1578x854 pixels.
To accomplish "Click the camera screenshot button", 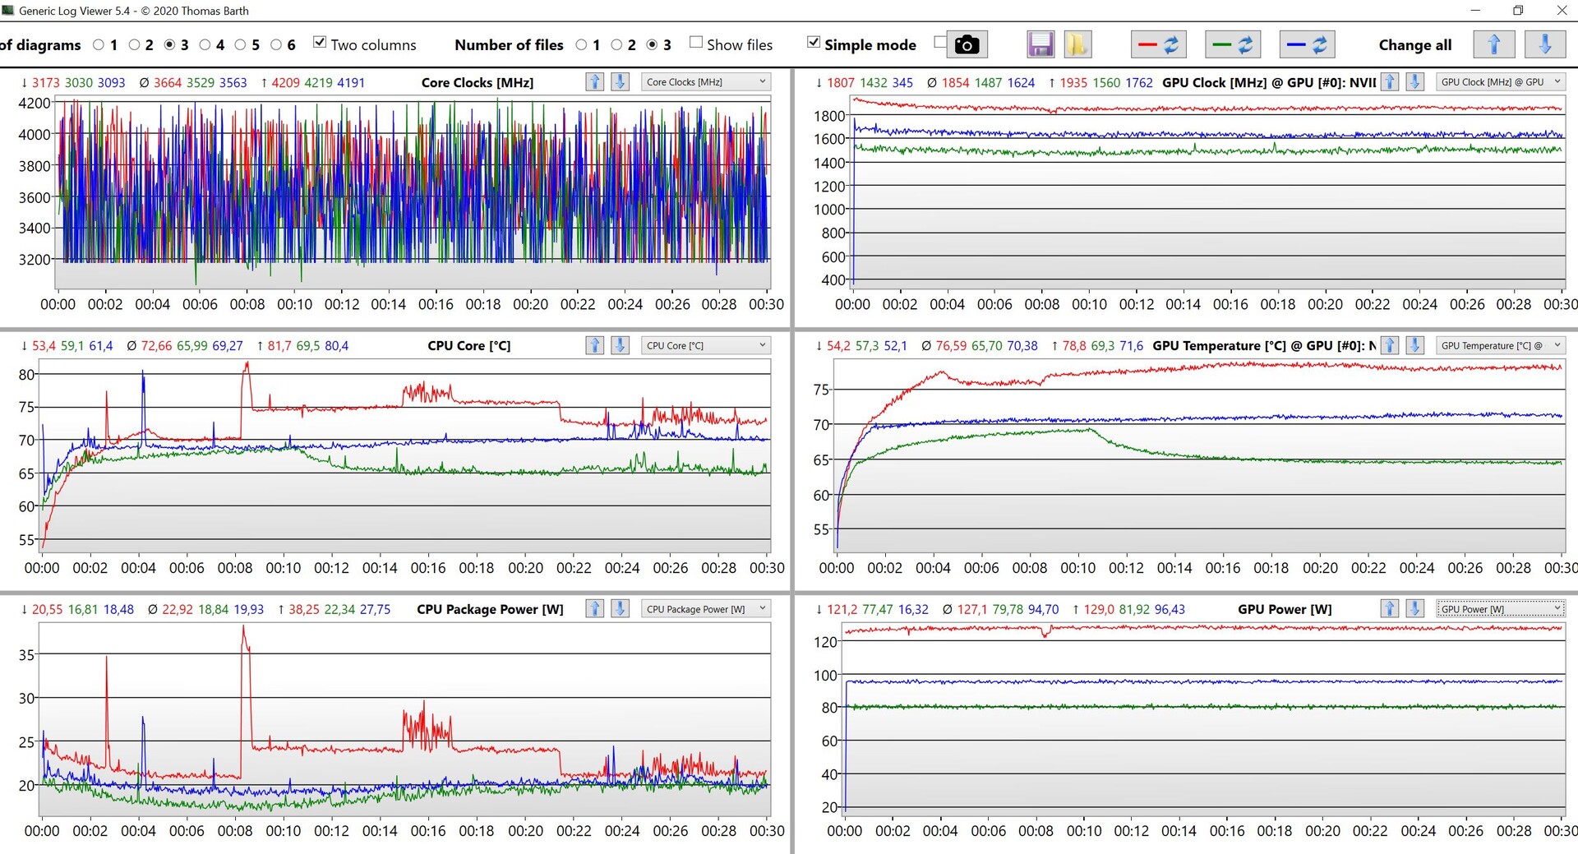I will [967, 44].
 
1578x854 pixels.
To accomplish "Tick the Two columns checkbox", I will [320, 43].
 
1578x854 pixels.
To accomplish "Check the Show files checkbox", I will [696, 43].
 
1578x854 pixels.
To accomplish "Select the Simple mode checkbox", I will [814, 43].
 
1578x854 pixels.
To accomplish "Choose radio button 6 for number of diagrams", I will [276, 44].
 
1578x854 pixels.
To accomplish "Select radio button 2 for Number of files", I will [616, 44].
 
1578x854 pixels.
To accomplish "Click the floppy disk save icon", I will [1040, 44].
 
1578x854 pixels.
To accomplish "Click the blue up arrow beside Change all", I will [1493, 44].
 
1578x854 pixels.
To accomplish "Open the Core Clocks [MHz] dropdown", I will [705, 82].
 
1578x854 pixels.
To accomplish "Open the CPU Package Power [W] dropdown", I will [705, 609].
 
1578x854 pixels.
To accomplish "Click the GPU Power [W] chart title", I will [1285, 609].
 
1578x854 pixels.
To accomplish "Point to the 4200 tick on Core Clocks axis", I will [35, 104].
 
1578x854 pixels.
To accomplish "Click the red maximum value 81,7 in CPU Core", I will [279, 346].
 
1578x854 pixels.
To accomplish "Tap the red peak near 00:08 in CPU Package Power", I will [243, 629].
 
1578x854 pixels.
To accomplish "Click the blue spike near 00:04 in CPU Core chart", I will [143, 374].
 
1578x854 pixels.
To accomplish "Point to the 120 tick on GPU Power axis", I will [825, 642].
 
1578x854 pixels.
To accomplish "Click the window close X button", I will [1562, 11].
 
